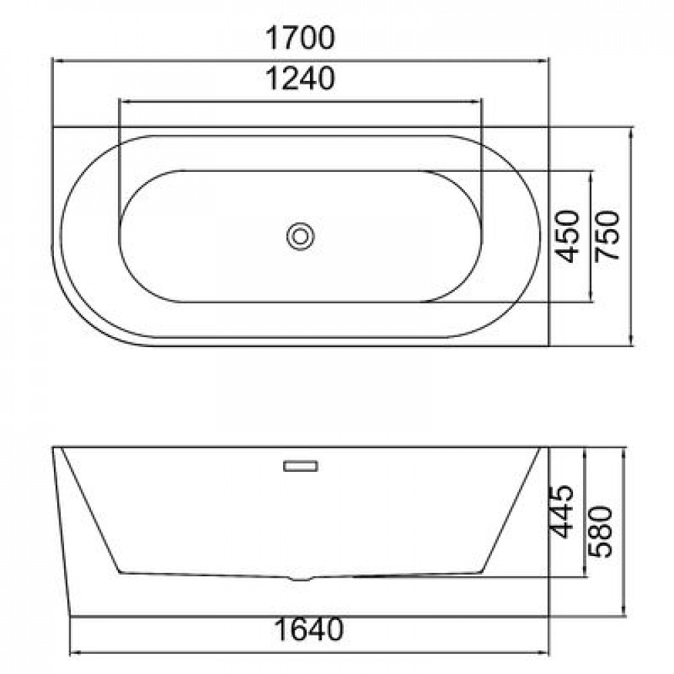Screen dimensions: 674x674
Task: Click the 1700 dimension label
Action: [300, 38]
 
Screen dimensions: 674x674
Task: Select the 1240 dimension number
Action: [300, 79]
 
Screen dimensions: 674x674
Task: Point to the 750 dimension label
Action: [608, 236]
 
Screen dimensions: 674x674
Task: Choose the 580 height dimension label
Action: [600, 532]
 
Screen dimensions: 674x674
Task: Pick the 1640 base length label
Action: [309, 630]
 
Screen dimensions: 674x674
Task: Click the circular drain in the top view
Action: [301, 236]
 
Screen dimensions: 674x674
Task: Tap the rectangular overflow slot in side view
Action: [301, 466]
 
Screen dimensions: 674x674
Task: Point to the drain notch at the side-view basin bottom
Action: [301, 578]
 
